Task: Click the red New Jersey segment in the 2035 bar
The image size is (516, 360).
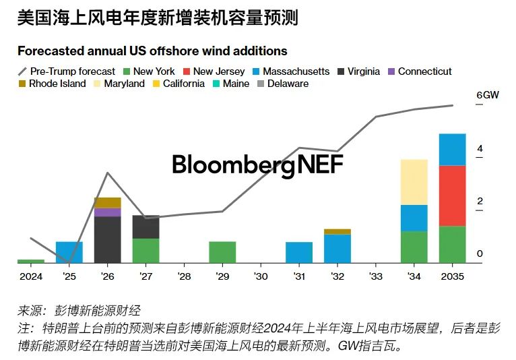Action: tap(452, 196)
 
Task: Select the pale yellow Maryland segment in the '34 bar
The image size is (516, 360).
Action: tap(414, 182)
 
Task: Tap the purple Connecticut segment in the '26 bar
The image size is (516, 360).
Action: tap(107, 212)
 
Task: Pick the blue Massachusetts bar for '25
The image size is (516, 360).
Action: tap(69, 251)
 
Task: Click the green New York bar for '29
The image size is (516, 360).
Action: tap(222, 251)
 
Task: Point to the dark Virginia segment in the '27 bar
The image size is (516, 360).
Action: tap(146, 227)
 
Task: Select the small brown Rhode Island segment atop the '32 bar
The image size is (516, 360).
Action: tap(337, 231)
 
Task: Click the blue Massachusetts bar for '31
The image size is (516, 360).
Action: tap(299, 252)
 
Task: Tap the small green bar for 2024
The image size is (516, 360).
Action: tap(30, 260)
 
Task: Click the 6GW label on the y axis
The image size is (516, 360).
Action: tap(487, 95)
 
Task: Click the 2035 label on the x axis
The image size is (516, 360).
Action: tap(452, 276)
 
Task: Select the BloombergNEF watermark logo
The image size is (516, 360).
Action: tap(257, 164)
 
